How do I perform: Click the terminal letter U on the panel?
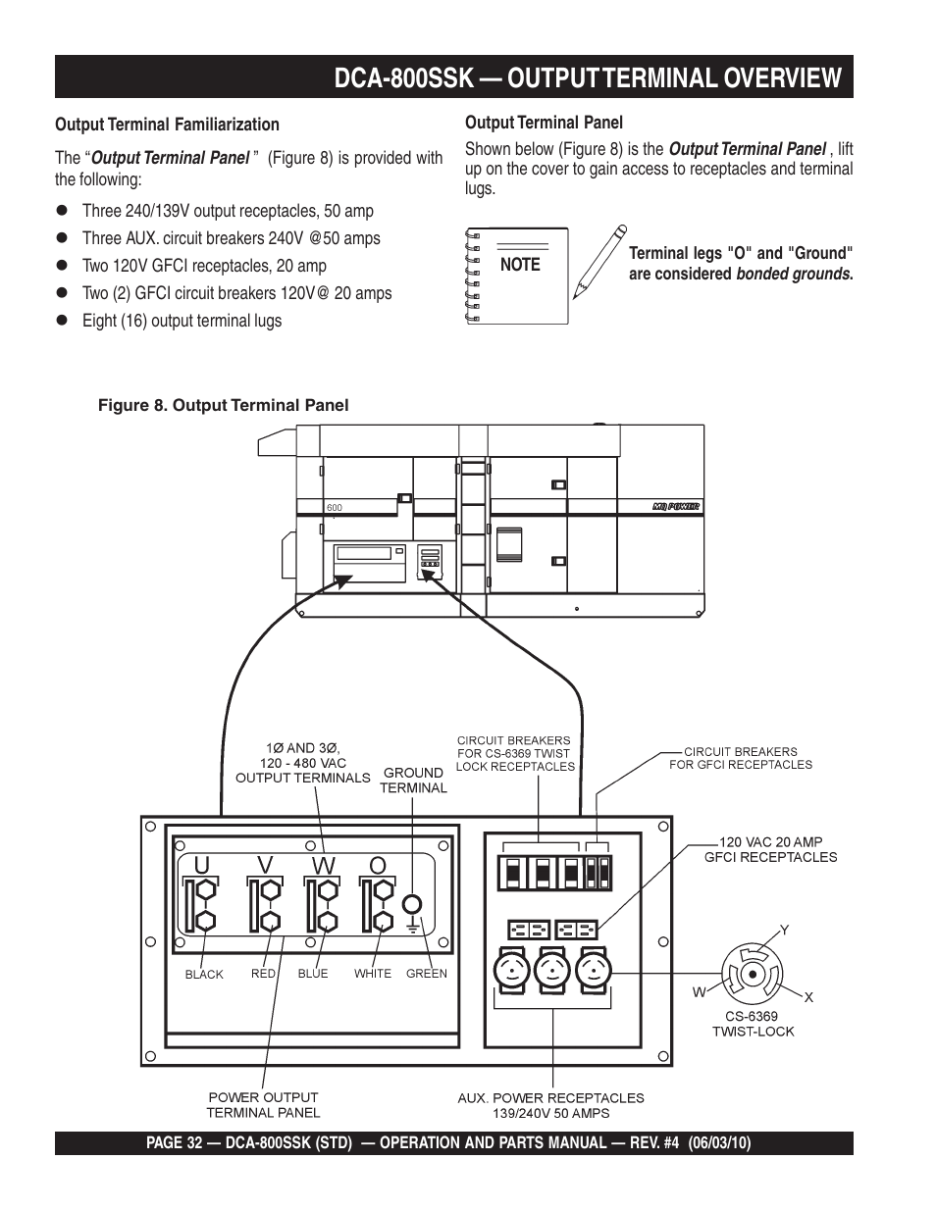[x=201, y=864]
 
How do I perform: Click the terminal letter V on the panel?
[x=265, y=864]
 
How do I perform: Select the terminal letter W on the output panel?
[x=324, y=864]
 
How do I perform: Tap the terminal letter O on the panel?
[x=378, y=864]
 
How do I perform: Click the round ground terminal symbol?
[x=413, y=905]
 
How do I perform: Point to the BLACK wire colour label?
[x=204, y=975]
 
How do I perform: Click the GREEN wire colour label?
[x=426, y=974]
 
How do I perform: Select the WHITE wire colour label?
[x=373, y=974]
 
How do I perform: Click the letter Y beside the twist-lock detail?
[x=784, y=929]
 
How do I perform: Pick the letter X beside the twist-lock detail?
[x=808, y=997]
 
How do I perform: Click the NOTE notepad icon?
[x=517, y=276]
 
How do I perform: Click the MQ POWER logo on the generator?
[x=675, y=507]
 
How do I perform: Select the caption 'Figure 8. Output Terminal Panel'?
[x=223, y=405]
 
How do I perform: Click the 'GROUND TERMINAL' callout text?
[x=413, y=780]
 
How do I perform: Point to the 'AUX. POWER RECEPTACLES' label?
[x=550, y=1098]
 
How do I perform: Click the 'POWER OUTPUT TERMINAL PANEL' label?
[x=263, y=1105]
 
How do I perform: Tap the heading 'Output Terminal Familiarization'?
[x=167, y=125]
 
